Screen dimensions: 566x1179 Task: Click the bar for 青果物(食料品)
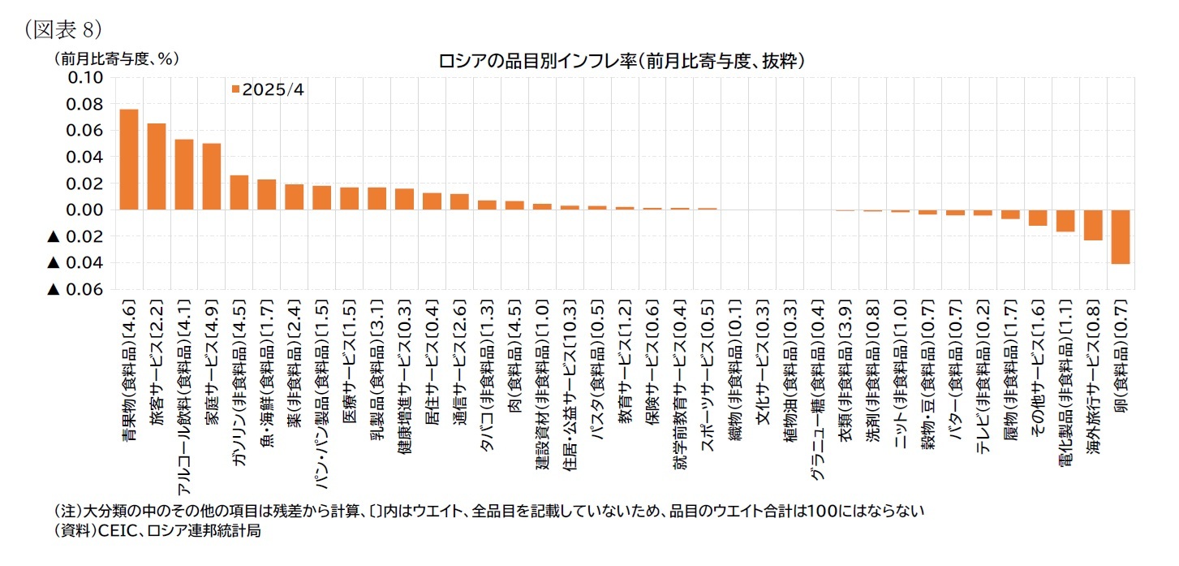[x=129, y=160]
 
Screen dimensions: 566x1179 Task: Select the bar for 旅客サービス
[x=157, y=167]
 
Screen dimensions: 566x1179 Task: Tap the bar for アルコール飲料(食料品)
[x=184, y=175]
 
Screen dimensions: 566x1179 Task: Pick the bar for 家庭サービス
[x=212, y=177]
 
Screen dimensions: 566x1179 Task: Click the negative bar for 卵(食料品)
[x=1121, y=236]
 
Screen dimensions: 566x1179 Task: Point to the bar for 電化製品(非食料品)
[x=1065, y=221]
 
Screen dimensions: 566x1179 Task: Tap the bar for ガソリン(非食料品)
[x=239, y=192]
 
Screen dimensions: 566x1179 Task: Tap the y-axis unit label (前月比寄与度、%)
[x=116, y=58]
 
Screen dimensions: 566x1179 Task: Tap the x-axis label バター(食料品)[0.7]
[x=955, y=374]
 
